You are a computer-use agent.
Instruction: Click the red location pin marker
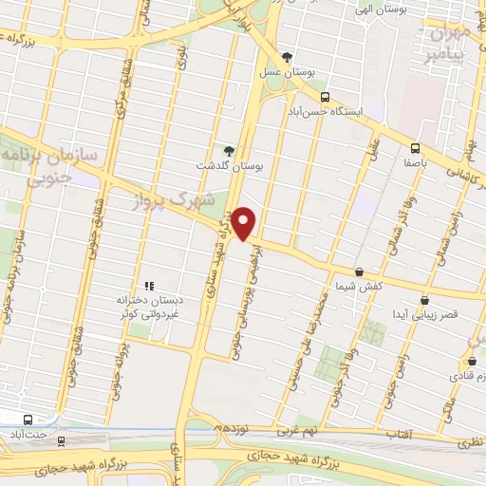point(246,223)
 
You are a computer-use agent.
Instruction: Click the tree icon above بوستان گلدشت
point(228,151)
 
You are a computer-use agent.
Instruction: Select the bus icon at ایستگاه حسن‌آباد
point(326,97)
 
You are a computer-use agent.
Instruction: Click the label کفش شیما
point(358,286)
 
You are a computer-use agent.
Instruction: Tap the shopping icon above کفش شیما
point(359,271)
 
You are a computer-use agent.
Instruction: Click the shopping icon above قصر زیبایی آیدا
point(424,299)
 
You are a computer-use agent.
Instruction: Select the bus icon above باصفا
point(415,148)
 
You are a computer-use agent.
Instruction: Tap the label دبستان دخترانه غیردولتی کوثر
point(148,306)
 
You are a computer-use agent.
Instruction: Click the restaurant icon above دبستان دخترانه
point(148,285)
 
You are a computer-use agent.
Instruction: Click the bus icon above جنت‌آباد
point(29,419)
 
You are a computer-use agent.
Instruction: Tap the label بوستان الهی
point(350,9)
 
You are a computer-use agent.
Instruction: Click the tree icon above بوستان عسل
point(288,57)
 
